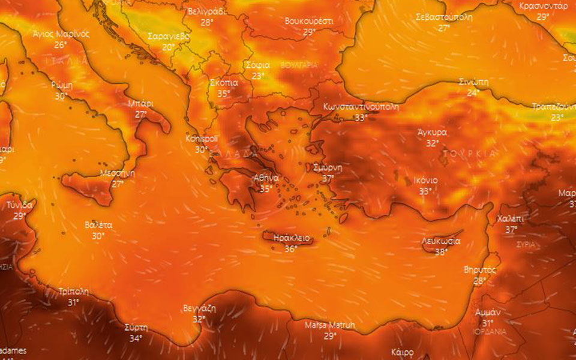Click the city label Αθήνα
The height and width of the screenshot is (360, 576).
(266, 178)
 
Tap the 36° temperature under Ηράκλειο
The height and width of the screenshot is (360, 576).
(290, 248)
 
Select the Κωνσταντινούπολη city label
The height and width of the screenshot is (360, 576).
(360, 106)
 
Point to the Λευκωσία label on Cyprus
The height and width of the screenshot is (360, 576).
(441, 241)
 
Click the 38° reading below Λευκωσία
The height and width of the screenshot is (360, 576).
(441, 252)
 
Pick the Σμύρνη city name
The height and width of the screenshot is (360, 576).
(328, 167)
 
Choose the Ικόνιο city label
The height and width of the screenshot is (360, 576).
(425, 180)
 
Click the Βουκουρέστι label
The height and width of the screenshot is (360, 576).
(309, 20)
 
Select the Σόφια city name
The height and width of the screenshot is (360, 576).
(257, 65)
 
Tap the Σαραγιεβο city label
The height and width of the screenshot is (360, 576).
(169, 36)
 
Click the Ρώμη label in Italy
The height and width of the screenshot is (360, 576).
(62, 85)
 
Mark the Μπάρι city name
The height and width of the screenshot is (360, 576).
(140, 103)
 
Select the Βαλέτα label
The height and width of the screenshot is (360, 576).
(98, 225)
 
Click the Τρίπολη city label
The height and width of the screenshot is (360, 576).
(74, 292)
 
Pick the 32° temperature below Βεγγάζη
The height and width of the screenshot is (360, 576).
(199, 319)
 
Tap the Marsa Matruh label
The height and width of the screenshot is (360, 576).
(329, 325)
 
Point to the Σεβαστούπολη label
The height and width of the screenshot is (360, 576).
(444, 17)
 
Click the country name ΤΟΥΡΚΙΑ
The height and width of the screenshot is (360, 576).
(470, 154)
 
